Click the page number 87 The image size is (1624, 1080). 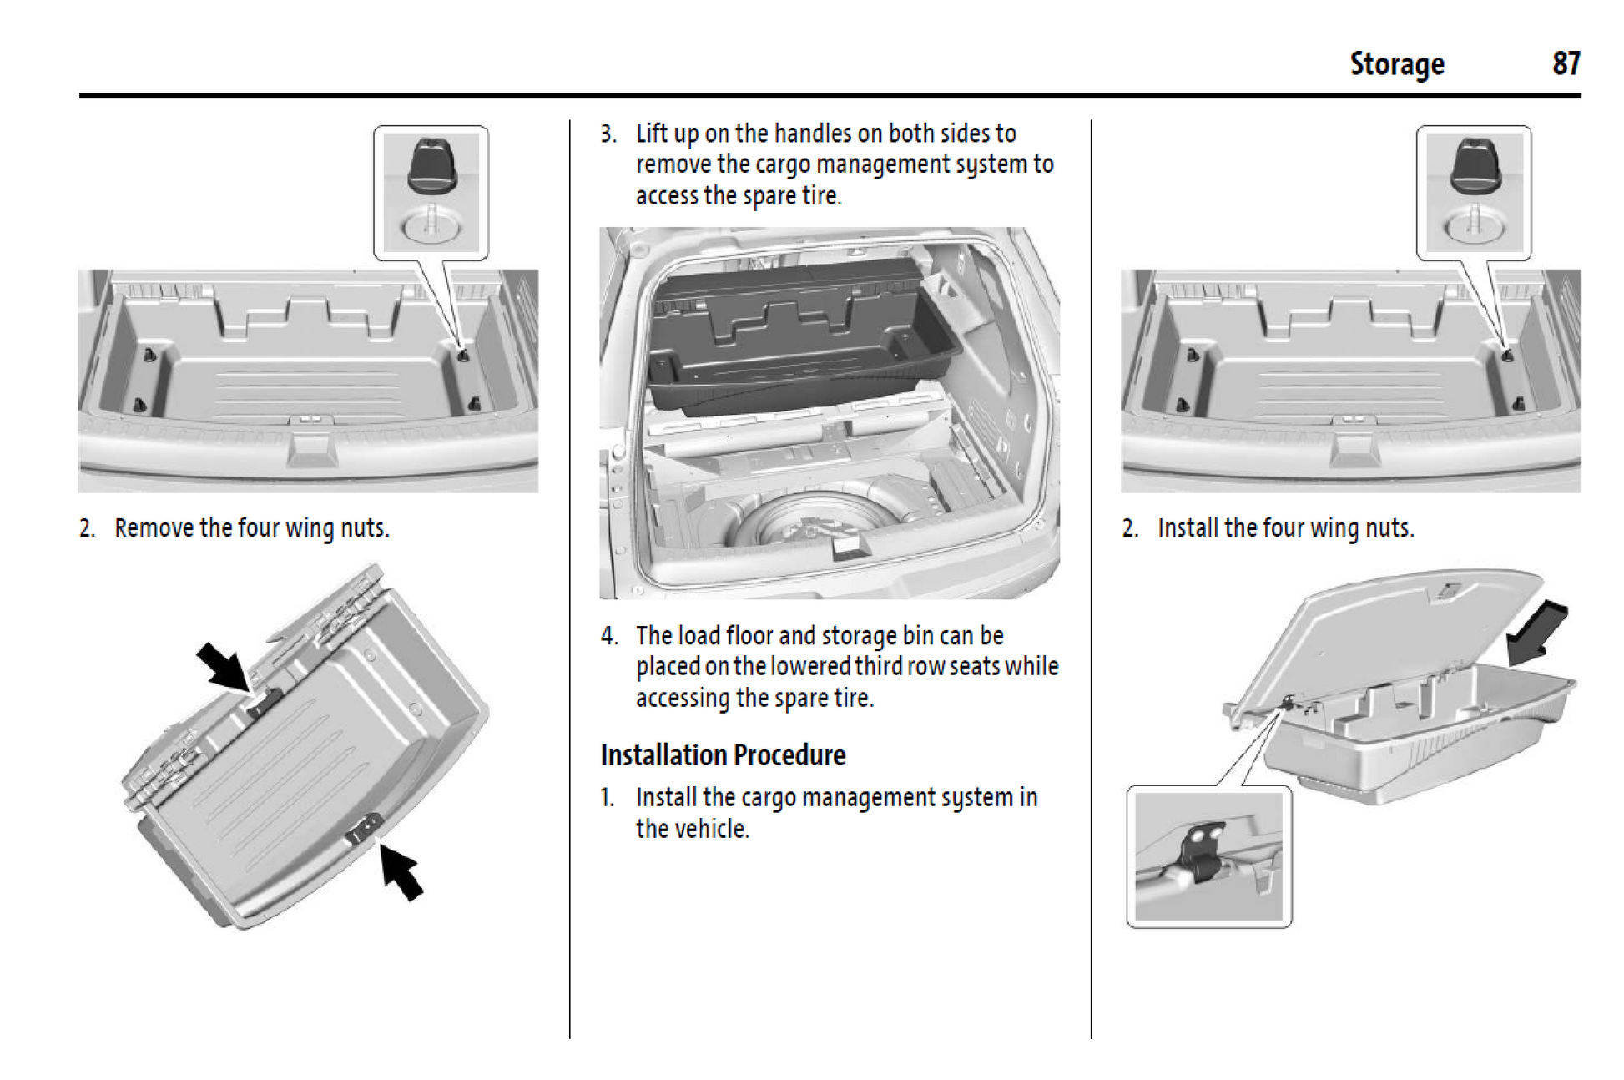coord(1566,64)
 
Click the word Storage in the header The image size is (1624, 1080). coord(1396,64)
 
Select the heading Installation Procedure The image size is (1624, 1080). coord(723,754)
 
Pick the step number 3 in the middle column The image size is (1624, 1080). coord(608,134)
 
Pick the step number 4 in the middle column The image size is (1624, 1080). coord(608,636)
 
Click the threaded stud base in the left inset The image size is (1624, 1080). coord(431,225)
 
